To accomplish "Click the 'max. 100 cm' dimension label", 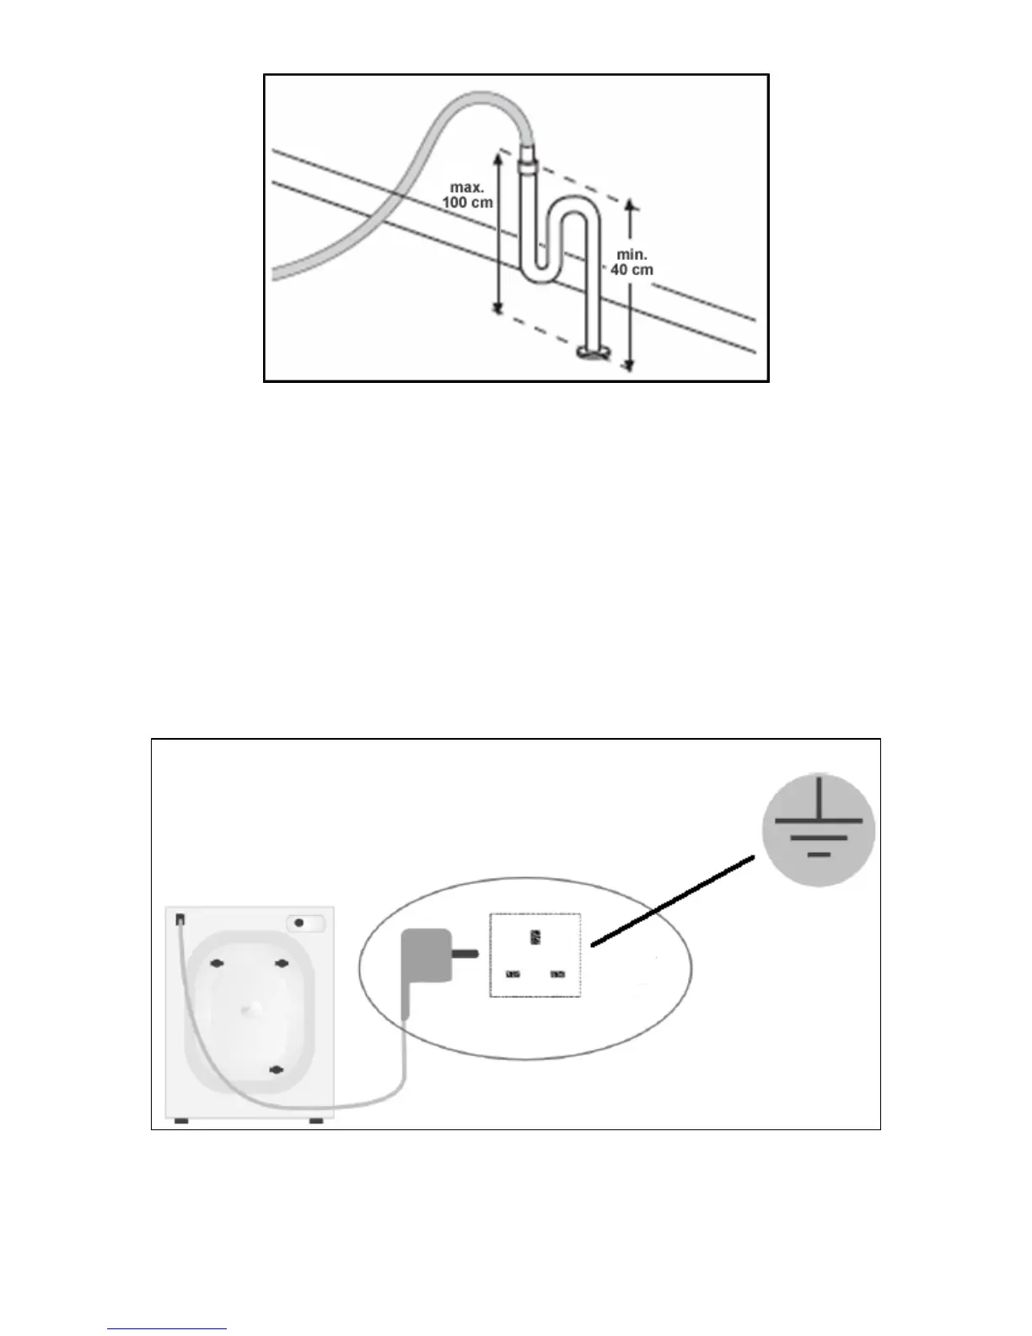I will pyautogui.click(x=467, y=195).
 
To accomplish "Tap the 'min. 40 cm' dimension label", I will pyautogui.click(x=632, y=262).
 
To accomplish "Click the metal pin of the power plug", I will pyautogui.click(x=466, y=955).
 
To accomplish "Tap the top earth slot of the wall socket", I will pyautogui.click(x=535, y=937).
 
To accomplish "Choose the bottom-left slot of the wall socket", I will pyautogui.click(x=513, y=975).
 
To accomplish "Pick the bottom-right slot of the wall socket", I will pyautogui.click(x=557, y=975).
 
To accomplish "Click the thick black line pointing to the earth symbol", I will pyautogui.click(x=672, y=902).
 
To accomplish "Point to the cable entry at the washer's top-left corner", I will pyautogui.click(x=180, y=919).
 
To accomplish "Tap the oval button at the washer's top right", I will pyautogui.click(x=305, y=924).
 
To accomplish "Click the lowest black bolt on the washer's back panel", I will pyautogui.click(x=275, y=1070).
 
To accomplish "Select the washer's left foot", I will pyautogui.click(x=180, y=1122).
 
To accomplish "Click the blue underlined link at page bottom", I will pyautogui.click(x=167, y=1329).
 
